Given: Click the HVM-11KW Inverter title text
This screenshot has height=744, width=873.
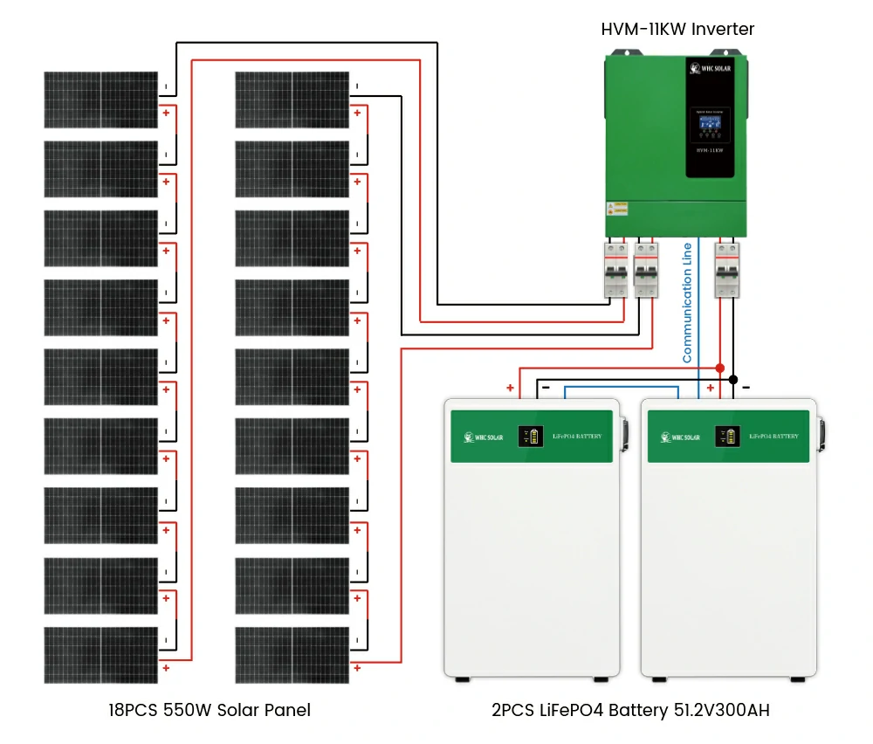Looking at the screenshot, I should point(677,29).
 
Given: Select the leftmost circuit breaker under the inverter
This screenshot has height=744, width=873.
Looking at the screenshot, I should point(617,270).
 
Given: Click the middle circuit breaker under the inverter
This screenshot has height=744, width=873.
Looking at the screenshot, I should point(646,270).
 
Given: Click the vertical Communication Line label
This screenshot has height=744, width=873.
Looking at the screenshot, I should point(688,301).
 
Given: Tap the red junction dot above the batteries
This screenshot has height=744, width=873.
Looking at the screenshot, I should point(720,368).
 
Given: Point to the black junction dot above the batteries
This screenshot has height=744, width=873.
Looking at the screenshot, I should point(733,380).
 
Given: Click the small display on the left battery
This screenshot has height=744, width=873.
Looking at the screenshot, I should point(527,436).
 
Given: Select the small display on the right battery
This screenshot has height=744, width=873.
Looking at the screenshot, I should point(725,436).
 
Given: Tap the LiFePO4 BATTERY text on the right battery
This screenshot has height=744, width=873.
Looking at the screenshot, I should point(773,436).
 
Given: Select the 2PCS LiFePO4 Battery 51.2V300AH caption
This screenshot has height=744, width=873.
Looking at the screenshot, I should point(630,710).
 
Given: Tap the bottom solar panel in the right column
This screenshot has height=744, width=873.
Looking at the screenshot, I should point(292,655).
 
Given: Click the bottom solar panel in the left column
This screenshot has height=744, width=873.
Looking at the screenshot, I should point(101,655).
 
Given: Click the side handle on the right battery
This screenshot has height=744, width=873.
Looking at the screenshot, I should point(821,434).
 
